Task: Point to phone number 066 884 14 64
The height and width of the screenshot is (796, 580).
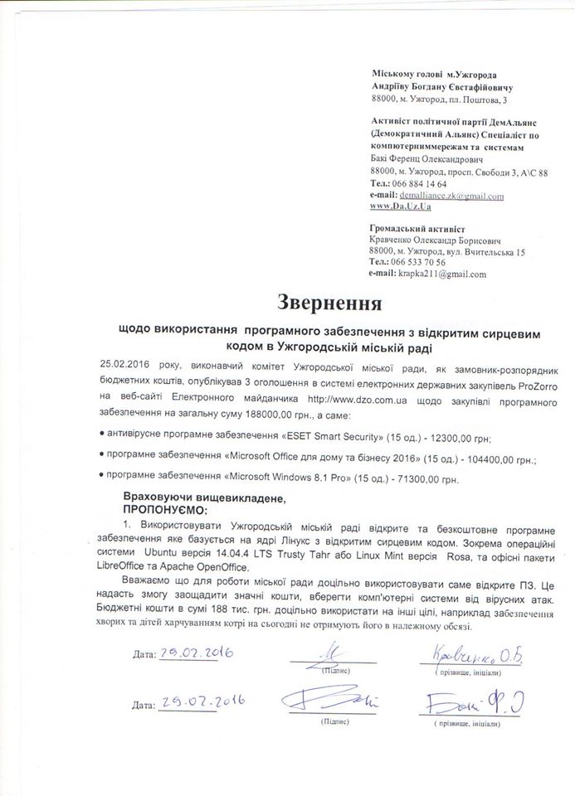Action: coord(418,183)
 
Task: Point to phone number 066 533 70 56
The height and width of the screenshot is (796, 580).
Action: coord(418,261)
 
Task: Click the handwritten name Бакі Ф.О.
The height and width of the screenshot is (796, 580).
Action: coord(470,705)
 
